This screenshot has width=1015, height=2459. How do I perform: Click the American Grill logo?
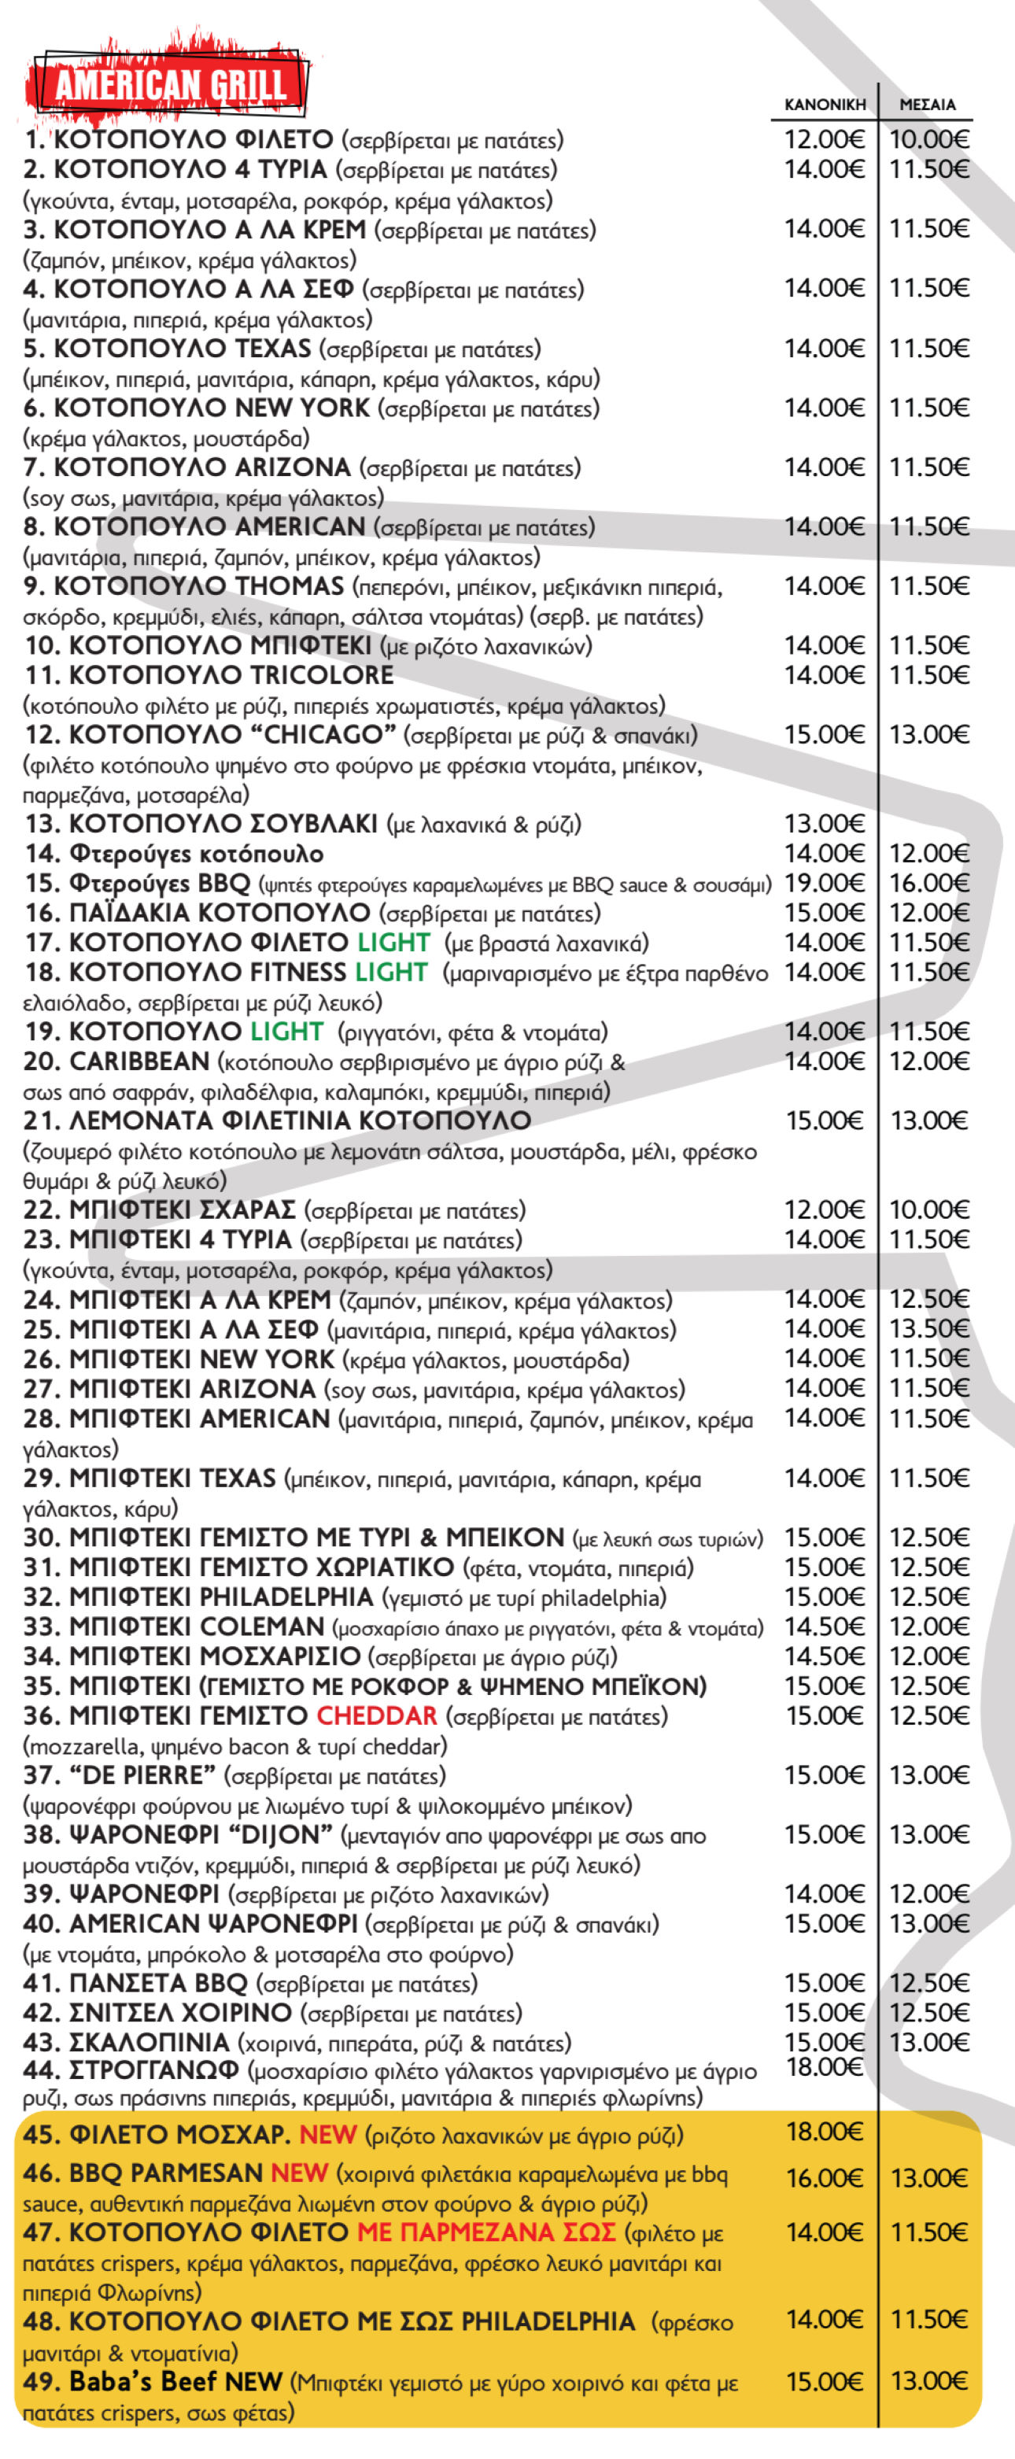coord(170,84)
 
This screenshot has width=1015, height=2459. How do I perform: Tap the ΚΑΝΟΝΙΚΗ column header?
coord(824,104)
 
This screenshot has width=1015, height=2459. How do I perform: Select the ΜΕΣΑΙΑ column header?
coord(927,104)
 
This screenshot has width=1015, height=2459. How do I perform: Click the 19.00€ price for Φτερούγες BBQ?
coord(824,883)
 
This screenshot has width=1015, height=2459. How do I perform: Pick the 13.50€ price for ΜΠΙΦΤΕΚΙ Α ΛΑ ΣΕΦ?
coord(929,1329)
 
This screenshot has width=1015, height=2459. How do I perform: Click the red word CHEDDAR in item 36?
coord(376,1715)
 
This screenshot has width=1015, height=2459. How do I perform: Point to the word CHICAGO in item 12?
coord(330,734)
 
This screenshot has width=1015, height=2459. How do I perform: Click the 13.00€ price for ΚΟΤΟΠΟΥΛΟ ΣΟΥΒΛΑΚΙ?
coord(824,823)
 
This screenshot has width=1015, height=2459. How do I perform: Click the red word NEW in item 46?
coord(299,2173)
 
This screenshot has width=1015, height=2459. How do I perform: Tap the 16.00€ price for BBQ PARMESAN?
coord(824,2177)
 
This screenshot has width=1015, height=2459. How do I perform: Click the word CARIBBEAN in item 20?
coord(138,1061)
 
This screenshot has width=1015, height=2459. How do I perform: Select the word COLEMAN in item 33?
coord(263,1626)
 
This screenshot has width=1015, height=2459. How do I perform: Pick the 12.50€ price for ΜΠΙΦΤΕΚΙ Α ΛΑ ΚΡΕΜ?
coord(929,1299)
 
